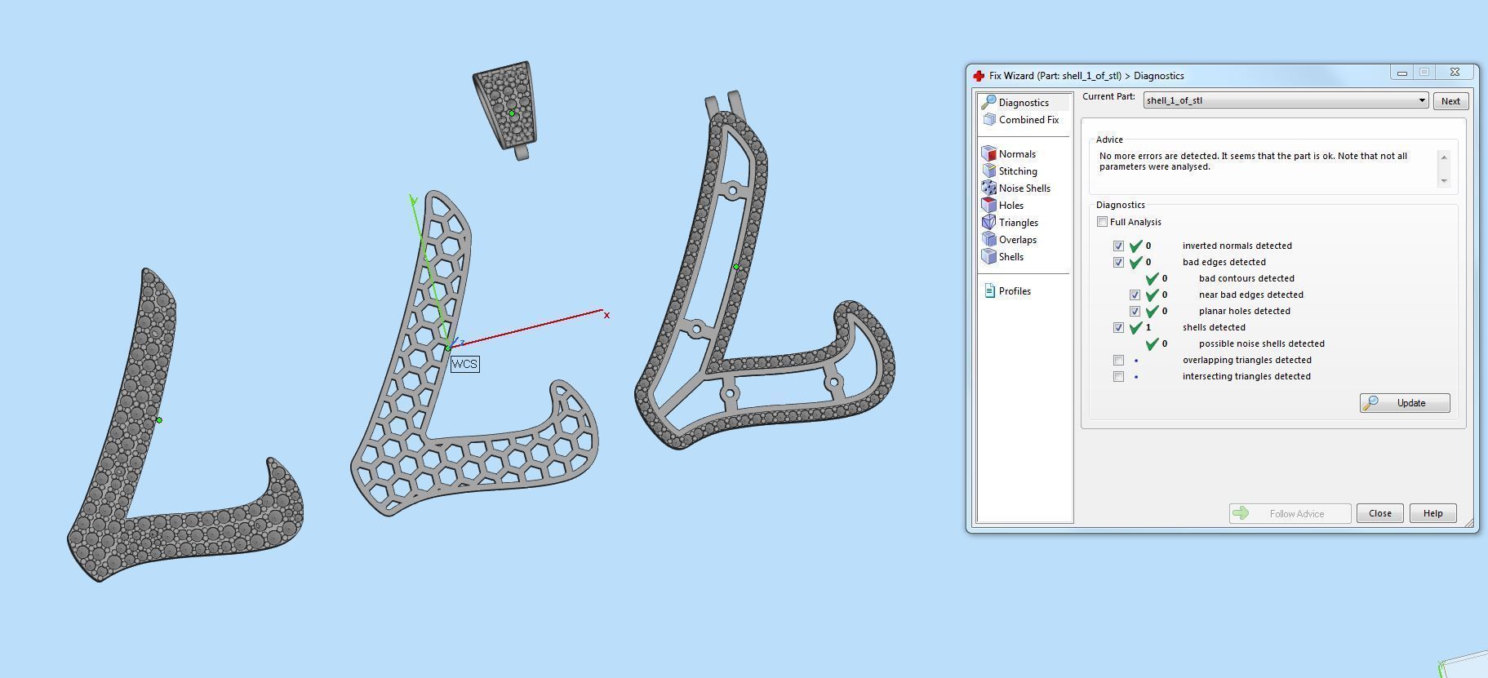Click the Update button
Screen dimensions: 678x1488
[x=1405, y=403]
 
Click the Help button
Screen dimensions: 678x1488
[x=1432, y=513]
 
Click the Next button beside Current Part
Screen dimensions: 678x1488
[x=1450, y=101]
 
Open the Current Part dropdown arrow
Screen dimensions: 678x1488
[x=1421, y=101]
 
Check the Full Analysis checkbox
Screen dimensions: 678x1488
[x=1103, y=222]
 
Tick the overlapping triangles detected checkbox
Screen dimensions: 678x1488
[x=1118, y=360]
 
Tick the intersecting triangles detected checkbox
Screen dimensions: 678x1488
[x=1118, y=376]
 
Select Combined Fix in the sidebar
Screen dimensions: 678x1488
[x=1028, y=120]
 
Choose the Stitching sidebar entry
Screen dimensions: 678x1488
[x=1017, y=171]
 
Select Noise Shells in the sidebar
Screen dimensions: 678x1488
[x=1024, y=188]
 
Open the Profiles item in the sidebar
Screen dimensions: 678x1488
[x=1014, y=291]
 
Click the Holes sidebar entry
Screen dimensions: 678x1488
[x=1011, y=206]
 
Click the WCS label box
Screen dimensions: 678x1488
[x=464, y=364]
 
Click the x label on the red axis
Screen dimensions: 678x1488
[x=606, y=316]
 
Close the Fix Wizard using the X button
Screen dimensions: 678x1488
[x=1455, y=73]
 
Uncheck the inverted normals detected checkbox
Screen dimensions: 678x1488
[x=1118, y=246]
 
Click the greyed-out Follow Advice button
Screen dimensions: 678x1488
[x=1290, y=513]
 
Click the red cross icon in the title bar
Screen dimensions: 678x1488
[x=979, y=76]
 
